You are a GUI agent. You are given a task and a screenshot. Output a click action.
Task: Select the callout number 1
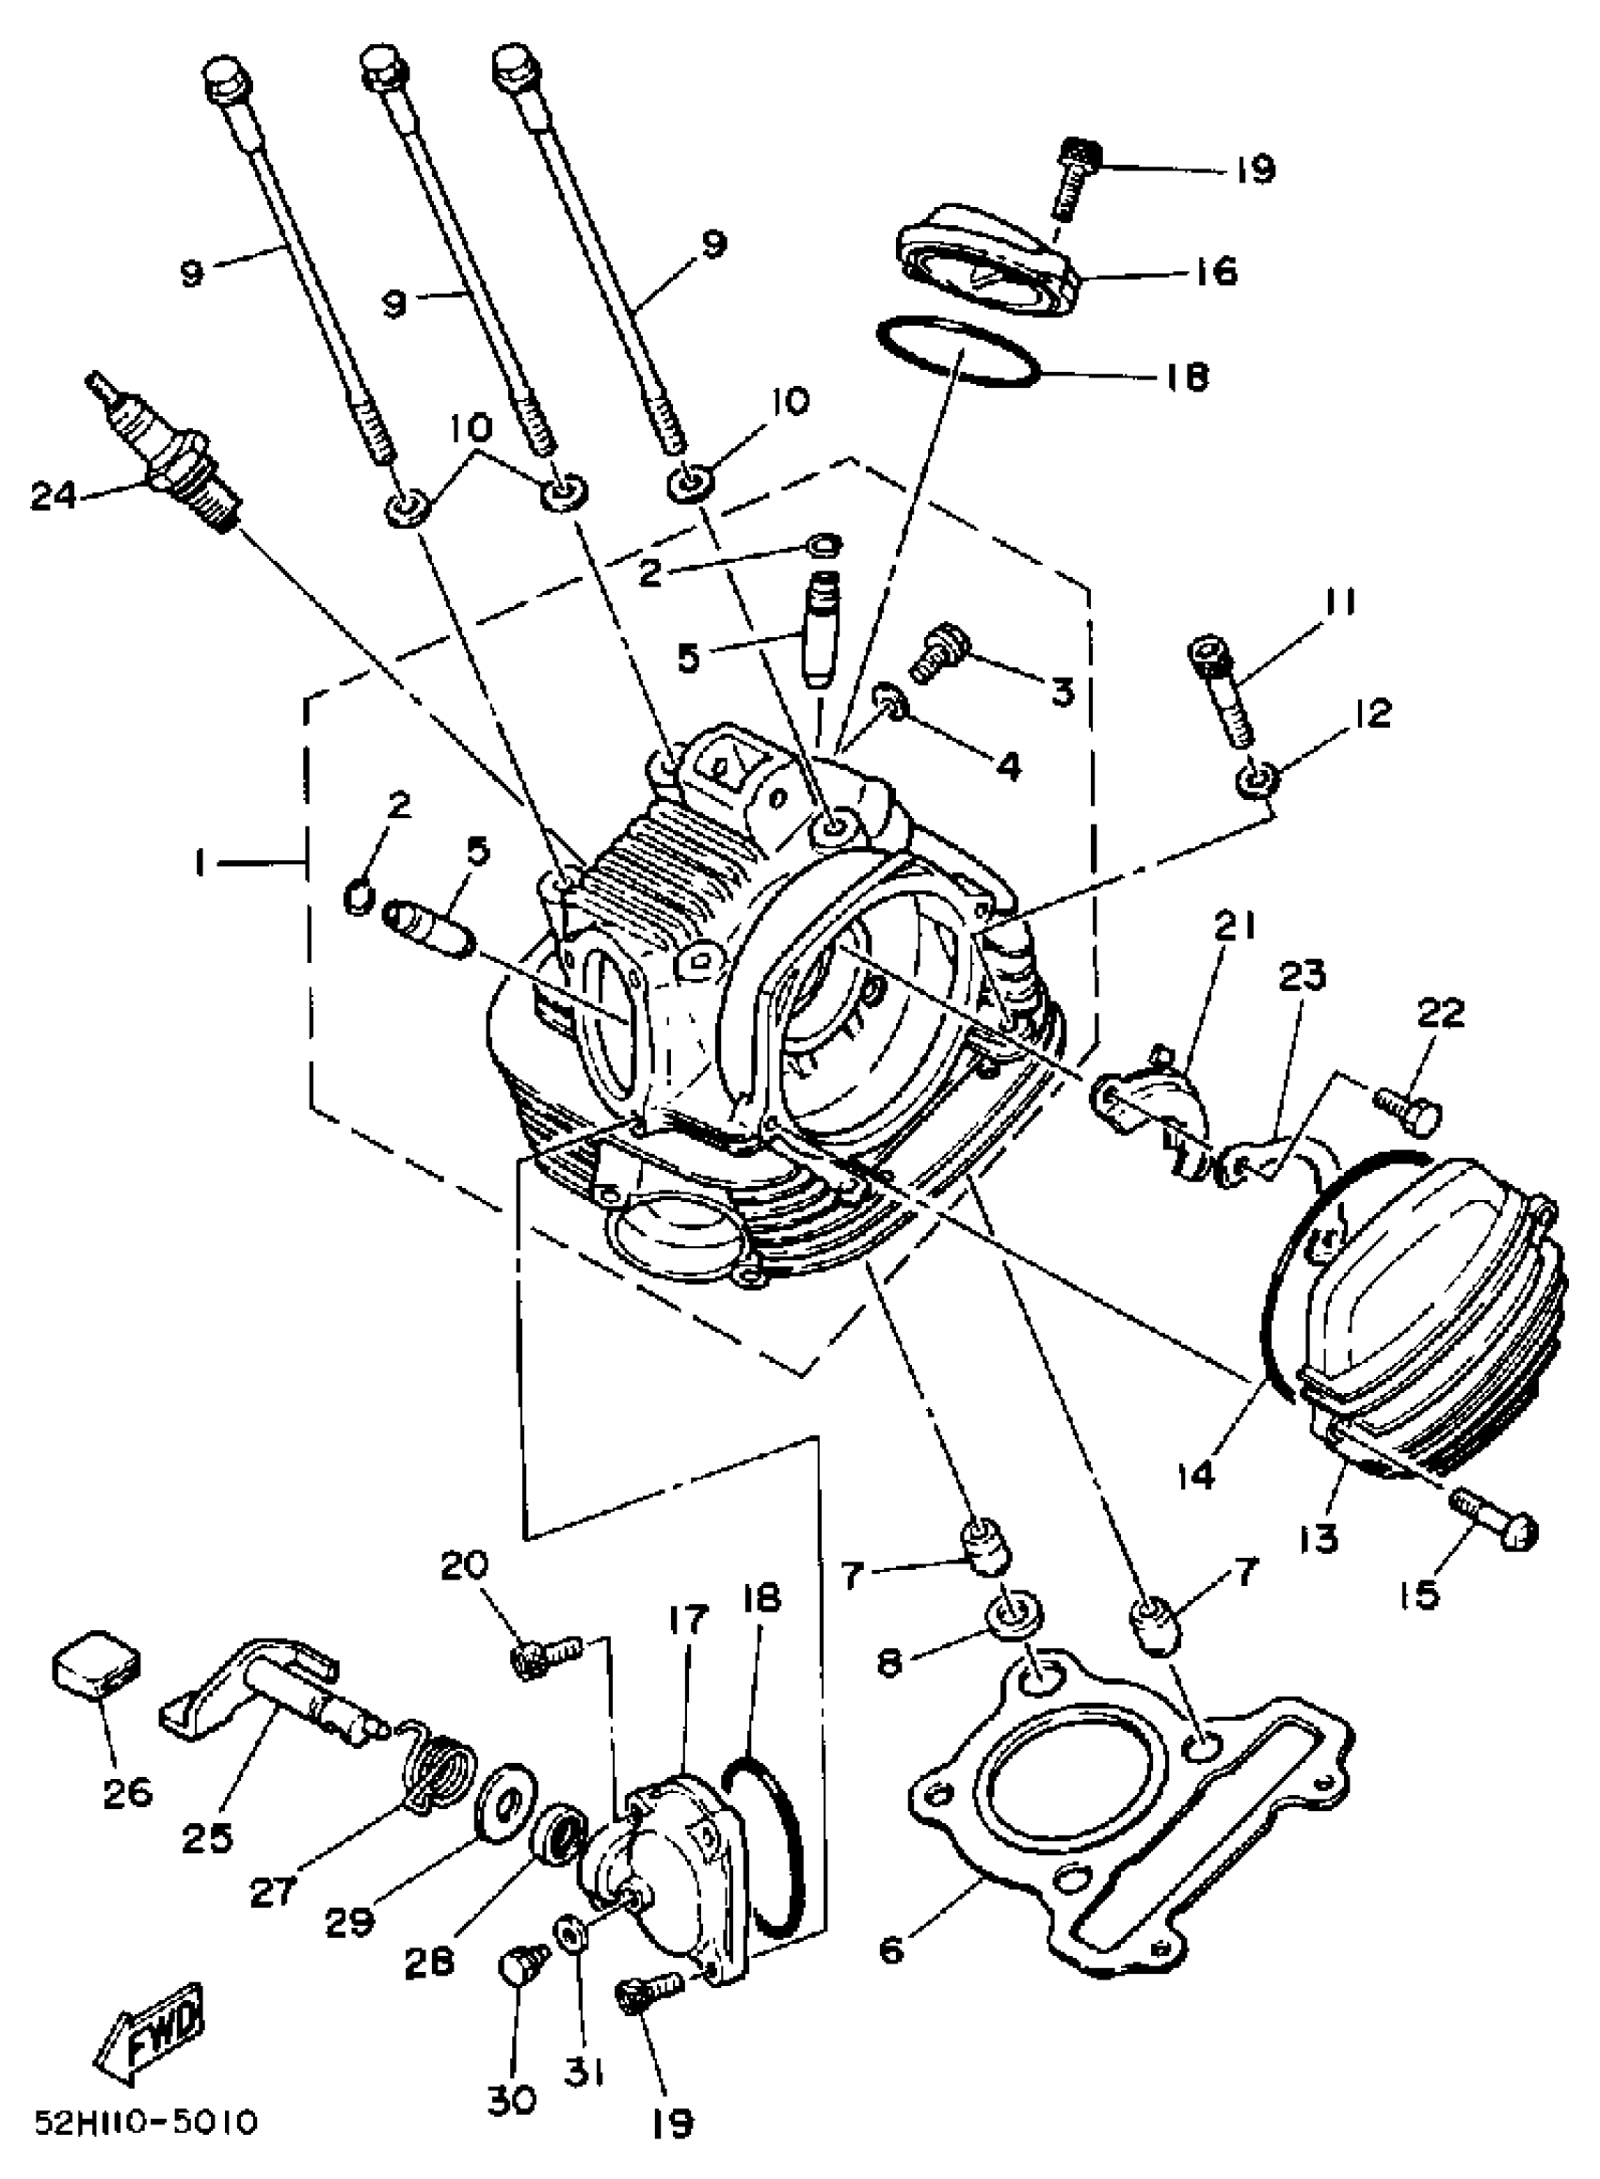[x=199, y=861]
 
